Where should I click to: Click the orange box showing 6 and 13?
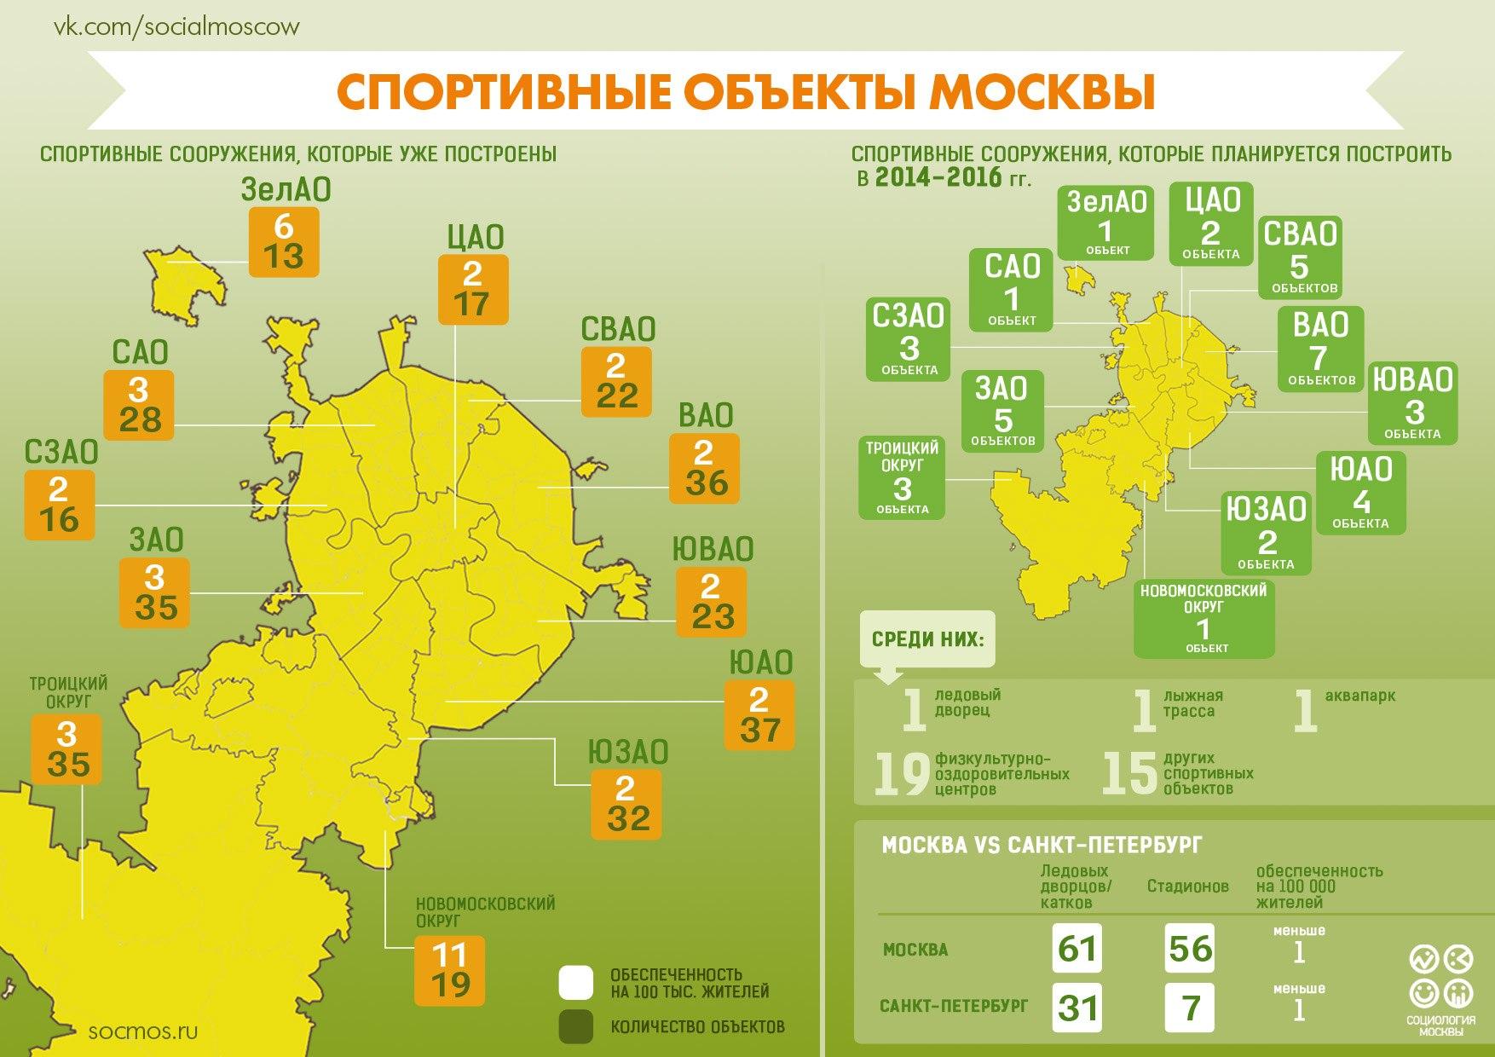284,241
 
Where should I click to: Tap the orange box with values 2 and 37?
759,715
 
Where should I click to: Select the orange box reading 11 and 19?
450,970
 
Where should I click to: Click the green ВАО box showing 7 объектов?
1321,349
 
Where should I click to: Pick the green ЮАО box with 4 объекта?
1360,493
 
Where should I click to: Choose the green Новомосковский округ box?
1204,618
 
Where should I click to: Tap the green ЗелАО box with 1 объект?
1106,222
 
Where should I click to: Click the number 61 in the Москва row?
1077,948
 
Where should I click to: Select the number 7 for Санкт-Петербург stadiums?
1190,1008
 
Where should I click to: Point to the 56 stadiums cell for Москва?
1190,948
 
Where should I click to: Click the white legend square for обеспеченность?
575,983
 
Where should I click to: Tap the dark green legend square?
575,1027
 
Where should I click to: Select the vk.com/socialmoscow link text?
177,26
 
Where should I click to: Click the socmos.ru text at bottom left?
143,1031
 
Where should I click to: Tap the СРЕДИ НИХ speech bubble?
927,638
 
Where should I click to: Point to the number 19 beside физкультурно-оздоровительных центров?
902,774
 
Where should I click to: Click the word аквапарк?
1360,696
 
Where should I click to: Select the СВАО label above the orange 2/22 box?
618,329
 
